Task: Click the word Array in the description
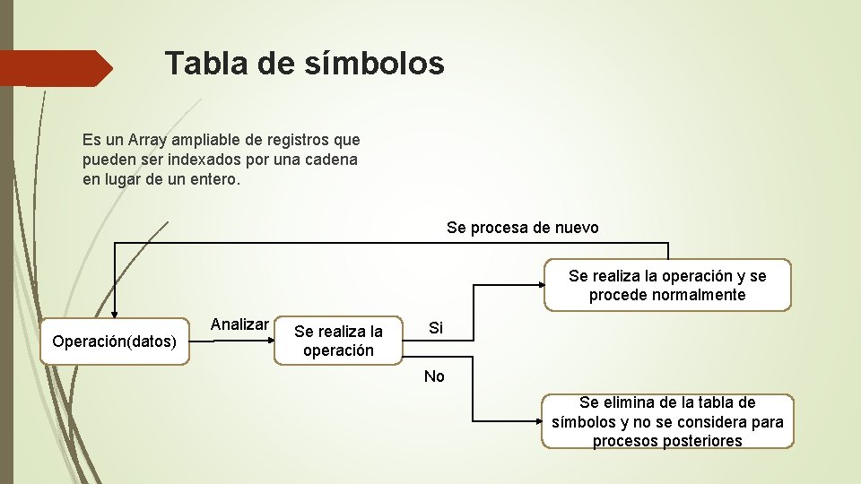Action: (x=150, y=140)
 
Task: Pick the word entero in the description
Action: (x=213, y=179)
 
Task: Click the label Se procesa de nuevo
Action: (x=522, y=228)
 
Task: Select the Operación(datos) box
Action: (x=115, y=341)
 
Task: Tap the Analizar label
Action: (x=239, y=324)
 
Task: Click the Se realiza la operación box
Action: (x=338, y=341)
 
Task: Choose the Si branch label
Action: (x=435, y=328)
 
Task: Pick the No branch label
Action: (x=434, y=376)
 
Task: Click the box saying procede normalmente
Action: (x=667, y=285)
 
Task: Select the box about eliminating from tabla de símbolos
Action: (x=667, y=421)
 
